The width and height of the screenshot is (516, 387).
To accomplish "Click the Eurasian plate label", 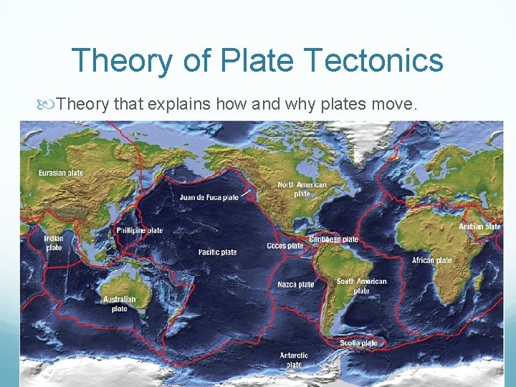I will pos(60,173).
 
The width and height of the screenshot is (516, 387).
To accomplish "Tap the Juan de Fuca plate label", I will pos(209,197).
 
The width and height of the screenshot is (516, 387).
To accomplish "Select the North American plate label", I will pos(302,189).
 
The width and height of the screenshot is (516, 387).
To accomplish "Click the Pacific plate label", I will pos(218,252).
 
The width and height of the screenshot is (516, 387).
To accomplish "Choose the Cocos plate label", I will pos(286,246).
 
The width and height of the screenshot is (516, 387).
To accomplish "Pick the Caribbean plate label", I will pos(333,239).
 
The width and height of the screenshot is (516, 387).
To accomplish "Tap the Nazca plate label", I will pos(296,285).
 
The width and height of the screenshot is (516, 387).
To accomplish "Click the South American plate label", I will pos(361,286).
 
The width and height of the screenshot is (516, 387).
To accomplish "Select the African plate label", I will pos(432,260).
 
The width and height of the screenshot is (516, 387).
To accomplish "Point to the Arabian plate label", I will pos(479,227).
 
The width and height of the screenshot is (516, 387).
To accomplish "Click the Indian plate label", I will pos(54,243).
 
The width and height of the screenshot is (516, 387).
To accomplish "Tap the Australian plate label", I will pos(119,304).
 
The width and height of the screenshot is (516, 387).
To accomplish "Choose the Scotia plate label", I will pos(358,343).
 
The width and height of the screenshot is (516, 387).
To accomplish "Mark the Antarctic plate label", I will pos(294,360).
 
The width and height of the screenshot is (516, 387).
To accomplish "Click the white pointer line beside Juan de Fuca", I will pos(246,193).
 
